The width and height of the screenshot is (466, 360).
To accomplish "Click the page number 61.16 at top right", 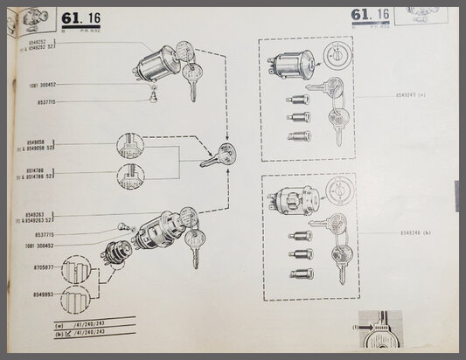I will pyautogui.click(x=369, y=15).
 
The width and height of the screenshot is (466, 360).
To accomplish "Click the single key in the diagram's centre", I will pyautogui.click(x=216, y=156).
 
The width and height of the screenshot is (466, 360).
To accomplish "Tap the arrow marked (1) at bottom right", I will pyautogui.click(x=367, y=329).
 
